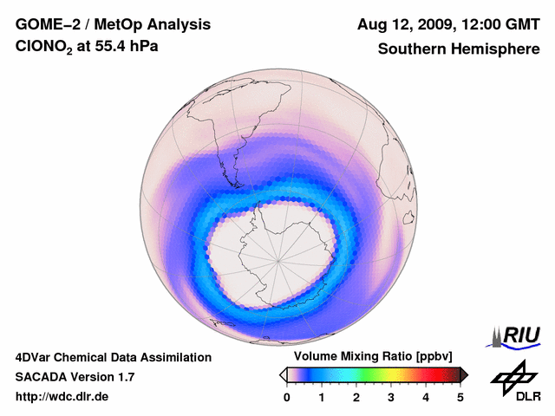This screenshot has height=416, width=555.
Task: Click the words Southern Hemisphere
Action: pyautogui.click(x=458, y=49)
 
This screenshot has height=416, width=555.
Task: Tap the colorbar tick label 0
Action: pyautogui.click(x=287, y=397)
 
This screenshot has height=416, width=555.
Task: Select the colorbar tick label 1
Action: pyautogui.click(x=322, y=397)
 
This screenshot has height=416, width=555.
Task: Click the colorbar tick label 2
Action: pyautogui.click(x=356, y=397)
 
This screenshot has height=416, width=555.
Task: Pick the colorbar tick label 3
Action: pyautogui.click(x=391, y=397)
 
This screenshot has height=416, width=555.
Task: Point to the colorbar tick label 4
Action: pyautogui.click(x=426, y=397)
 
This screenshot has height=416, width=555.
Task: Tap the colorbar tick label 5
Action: pyautogui.click(x=460, y=397)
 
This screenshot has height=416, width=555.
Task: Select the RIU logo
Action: pyautogui.click(x=517, y=335)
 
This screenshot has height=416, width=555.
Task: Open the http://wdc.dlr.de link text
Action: pyautogui.click(x=62, y=397)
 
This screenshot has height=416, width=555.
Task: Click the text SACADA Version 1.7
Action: pyautogui.click(x=75, y=377)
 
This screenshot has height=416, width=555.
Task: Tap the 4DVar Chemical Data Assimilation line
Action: pyautogui.click(x=113, y=357)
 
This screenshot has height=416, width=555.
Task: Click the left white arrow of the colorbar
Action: pyautogui.click(x=283, y=374)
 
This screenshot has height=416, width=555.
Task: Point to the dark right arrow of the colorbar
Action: pyautogui.click(x=464, y=374)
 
